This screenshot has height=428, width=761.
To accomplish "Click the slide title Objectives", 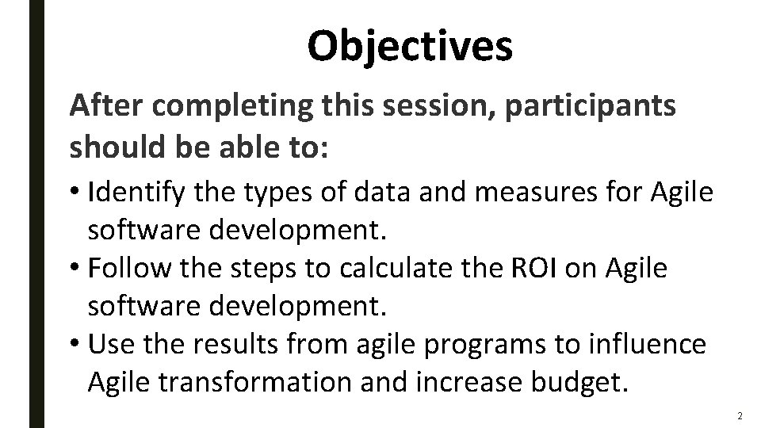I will (x=410, y=46).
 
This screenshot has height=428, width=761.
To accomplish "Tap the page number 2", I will (x=739, y=416).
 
